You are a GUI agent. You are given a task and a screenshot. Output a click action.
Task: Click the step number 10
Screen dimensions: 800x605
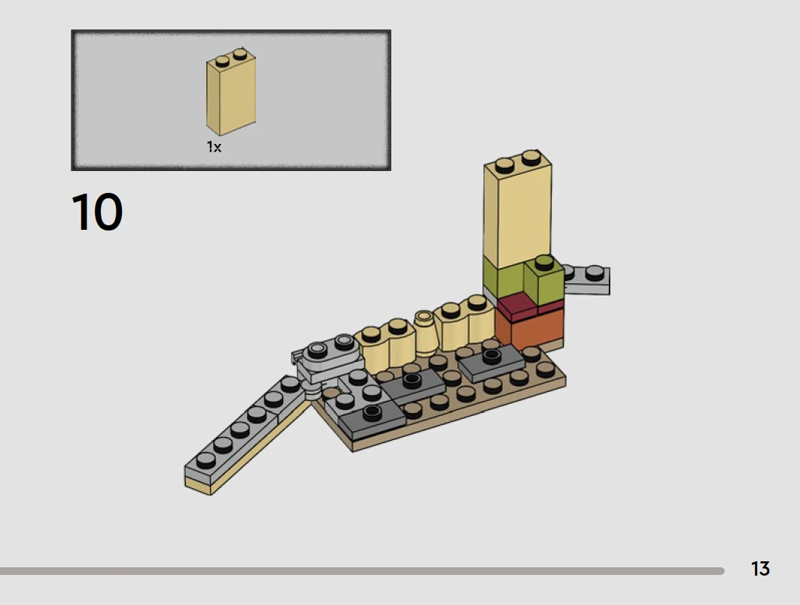tap(97, 212)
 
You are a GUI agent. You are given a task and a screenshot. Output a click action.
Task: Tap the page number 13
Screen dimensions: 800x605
tap(760, 569)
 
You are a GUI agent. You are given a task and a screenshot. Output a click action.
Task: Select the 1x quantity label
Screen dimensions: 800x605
tap(214, 147)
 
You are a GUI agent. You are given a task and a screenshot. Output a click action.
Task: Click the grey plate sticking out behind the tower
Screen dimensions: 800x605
tap(587, 280)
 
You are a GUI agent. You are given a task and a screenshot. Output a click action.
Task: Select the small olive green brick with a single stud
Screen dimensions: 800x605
tap(544, 281)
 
